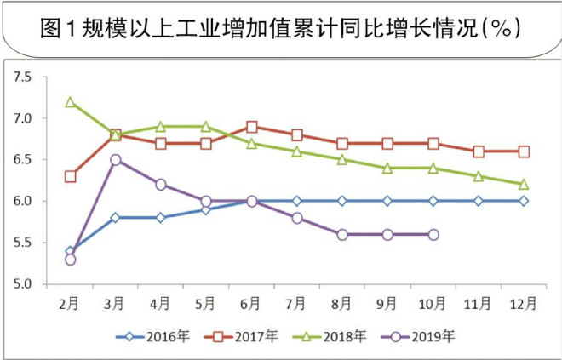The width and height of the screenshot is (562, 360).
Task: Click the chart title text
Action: (281, 27)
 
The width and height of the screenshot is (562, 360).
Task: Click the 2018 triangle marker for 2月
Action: (70, 102)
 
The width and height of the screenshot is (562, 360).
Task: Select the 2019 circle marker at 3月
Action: (115, 160)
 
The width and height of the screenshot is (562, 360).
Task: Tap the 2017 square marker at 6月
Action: (251, 127)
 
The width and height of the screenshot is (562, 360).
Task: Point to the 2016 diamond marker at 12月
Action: (524, 201)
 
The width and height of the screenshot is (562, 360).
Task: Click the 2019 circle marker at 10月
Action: (433, 234)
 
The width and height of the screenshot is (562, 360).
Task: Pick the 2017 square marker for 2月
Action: (70, 176)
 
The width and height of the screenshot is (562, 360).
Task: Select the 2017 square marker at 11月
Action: (479, 151)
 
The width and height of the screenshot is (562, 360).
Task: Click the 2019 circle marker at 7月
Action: (296, 218)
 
